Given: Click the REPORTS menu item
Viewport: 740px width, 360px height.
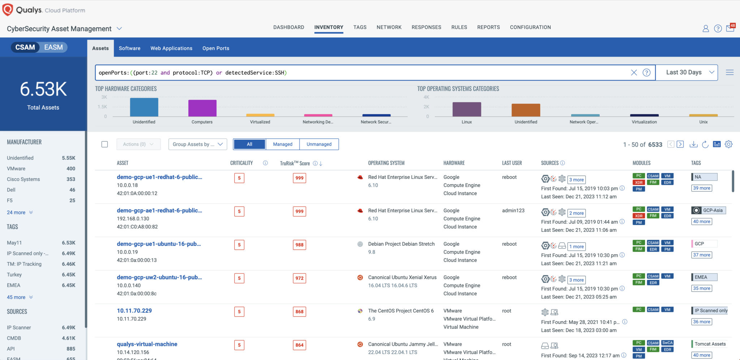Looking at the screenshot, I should tap(488, 27).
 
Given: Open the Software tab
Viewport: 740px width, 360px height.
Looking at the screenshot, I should tap(129, 48).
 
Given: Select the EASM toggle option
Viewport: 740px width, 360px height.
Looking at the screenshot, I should tap(53, 47).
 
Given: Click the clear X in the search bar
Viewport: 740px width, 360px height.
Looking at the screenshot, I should tap(634, 73).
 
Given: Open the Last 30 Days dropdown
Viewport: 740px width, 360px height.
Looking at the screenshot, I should tap(686, 72).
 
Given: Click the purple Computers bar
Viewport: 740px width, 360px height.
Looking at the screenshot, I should tap(202, 108).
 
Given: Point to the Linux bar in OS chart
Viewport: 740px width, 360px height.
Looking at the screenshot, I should tap(466, 109).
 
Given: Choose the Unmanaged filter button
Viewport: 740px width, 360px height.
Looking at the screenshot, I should tap(319, 144).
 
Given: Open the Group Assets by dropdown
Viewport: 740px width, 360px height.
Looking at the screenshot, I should tap(197, 144).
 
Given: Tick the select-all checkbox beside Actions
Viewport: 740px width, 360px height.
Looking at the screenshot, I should tap(105, 144).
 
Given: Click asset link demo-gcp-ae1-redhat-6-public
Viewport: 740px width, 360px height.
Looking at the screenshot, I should tap(159, 210).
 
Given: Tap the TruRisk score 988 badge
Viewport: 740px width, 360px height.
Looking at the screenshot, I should tap(299, 245).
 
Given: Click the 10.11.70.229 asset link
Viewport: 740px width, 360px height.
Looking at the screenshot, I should tap(134, 311).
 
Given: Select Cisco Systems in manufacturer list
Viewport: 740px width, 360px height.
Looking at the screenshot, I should tap(23, 179).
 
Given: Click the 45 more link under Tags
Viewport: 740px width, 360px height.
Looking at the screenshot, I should tap(16, 297).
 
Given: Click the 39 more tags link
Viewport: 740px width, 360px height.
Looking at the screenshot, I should tap(701, 188).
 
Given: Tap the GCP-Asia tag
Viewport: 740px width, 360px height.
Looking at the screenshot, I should tap(713, 210).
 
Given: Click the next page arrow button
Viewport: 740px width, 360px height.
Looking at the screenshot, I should tap(680, 144).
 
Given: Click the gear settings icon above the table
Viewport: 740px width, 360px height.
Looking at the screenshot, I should tap(728, 144).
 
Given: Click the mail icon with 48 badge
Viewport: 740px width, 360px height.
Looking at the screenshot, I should tap(730, 29).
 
